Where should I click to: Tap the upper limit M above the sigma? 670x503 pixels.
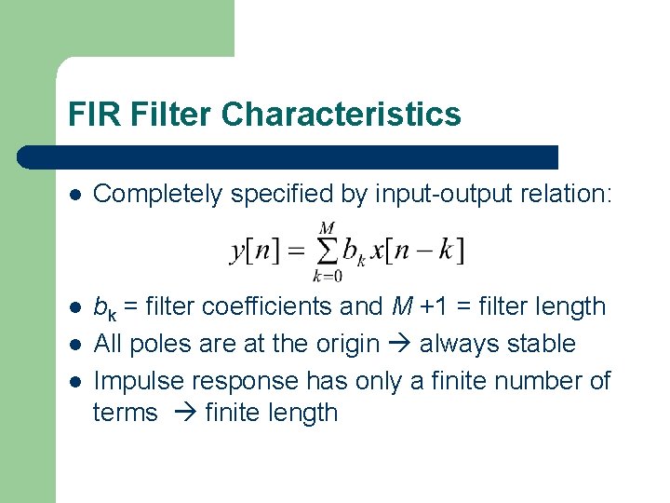tap(327, 228)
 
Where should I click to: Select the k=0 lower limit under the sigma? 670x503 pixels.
tap(327, 276)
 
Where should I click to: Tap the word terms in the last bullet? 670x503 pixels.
tap(126, 413)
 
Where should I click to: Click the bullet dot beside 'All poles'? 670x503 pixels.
tap(74, 344)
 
